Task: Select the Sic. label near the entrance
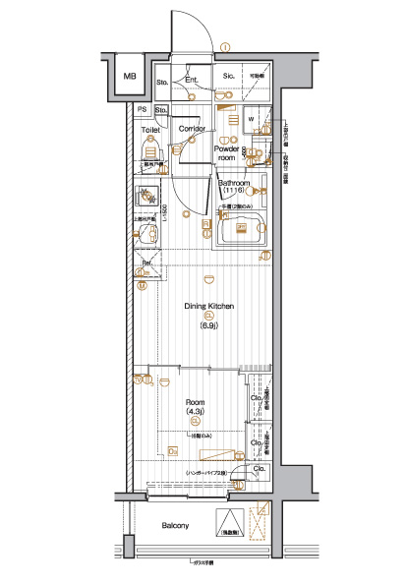227,76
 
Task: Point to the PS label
143,109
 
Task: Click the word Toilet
149,130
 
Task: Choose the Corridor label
191,129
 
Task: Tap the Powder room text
227,153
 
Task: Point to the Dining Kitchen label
208,306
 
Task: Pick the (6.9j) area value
208,325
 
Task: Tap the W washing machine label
252,120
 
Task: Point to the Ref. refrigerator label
146,263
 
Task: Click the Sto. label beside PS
160,109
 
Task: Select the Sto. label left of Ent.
163,80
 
